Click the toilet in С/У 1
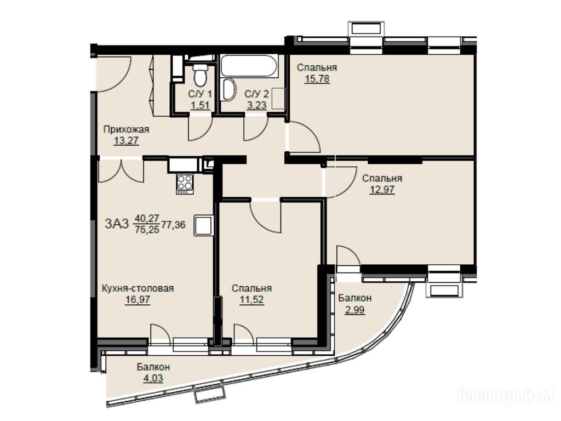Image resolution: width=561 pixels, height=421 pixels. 199,74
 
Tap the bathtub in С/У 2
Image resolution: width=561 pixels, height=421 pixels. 249,66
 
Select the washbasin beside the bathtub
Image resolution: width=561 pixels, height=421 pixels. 228,89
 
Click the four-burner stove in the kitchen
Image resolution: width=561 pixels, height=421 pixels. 185,184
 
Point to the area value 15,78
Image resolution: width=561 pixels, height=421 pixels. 317,78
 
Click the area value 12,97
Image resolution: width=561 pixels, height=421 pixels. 382,189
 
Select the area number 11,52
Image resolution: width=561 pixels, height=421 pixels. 251,299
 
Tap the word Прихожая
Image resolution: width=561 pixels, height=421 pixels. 126,129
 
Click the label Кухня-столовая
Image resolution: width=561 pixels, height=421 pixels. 138,288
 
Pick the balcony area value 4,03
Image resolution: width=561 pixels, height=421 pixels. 153,378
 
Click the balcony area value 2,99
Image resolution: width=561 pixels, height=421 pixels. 355,309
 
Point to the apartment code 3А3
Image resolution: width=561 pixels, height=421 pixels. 117,224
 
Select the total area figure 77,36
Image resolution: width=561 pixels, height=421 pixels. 174,225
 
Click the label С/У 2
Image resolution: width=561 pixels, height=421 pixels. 256,94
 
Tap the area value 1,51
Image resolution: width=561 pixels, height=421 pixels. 200,105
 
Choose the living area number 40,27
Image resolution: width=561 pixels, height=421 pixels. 147,218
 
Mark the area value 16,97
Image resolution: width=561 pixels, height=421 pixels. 138,299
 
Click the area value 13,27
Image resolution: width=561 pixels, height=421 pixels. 126,141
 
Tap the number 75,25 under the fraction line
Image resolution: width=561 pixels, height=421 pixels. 147,230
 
